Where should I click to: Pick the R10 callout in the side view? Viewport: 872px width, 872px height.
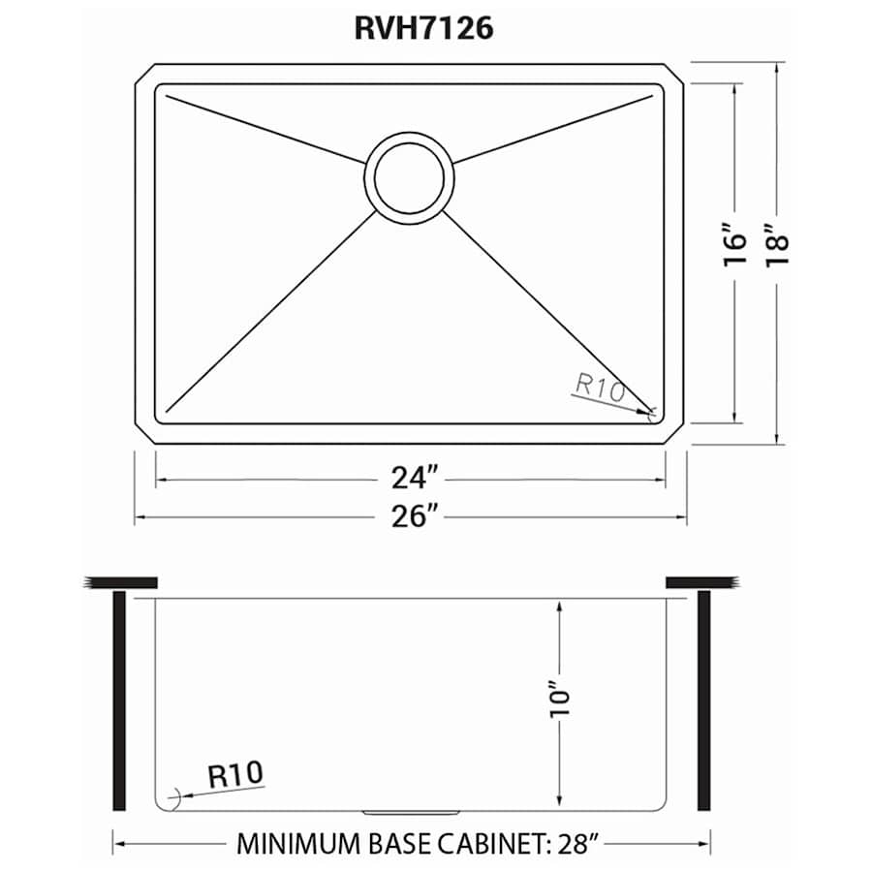234,775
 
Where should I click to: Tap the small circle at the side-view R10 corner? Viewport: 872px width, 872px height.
172,800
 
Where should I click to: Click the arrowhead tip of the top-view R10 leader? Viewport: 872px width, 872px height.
651,416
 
